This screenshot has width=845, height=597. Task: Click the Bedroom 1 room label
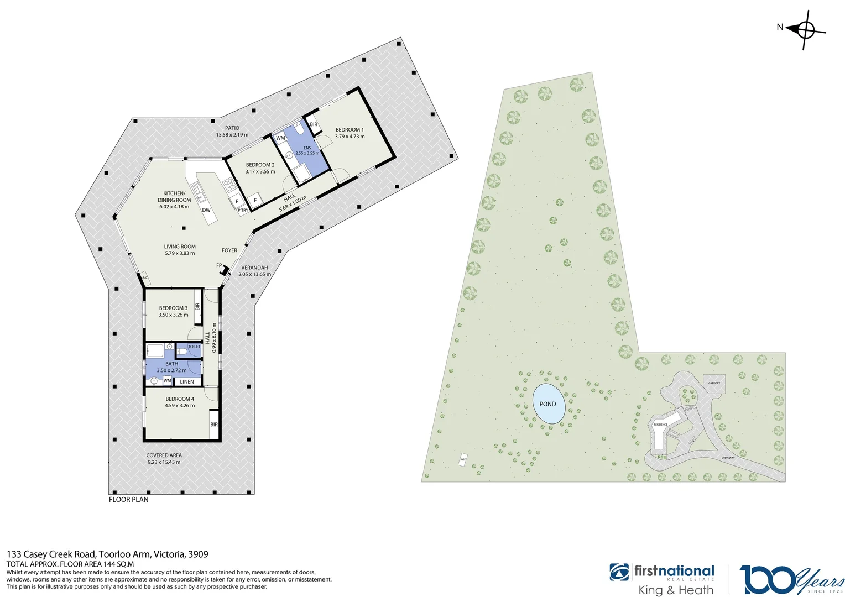coord(350,130)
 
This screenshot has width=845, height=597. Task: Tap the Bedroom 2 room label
coord(260,165)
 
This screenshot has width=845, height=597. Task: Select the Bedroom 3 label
coord(173,308)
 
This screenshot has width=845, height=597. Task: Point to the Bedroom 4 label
coord(180,399)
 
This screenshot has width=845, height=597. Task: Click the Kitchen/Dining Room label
coord(174,197)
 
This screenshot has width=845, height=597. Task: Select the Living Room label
coord(180,247)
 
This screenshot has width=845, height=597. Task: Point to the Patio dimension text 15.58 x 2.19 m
coord(232,135)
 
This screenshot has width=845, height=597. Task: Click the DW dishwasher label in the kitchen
coord(206,210)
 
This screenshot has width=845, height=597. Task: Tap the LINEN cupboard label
coord(187,381)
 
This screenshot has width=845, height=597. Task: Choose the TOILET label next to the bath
coord(194,347)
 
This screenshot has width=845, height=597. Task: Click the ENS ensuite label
coord(307,148)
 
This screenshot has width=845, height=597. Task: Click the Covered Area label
coord(164,455)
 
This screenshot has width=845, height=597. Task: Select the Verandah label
coord(254,268)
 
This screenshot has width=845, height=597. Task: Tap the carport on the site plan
coord(714,383)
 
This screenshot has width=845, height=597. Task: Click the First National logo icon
coord(619,573)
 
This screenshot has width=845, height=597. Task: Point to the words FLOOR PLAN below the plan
coord(129,499)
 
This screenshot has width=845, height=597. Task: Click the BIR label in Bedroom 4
coord(214,425)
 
